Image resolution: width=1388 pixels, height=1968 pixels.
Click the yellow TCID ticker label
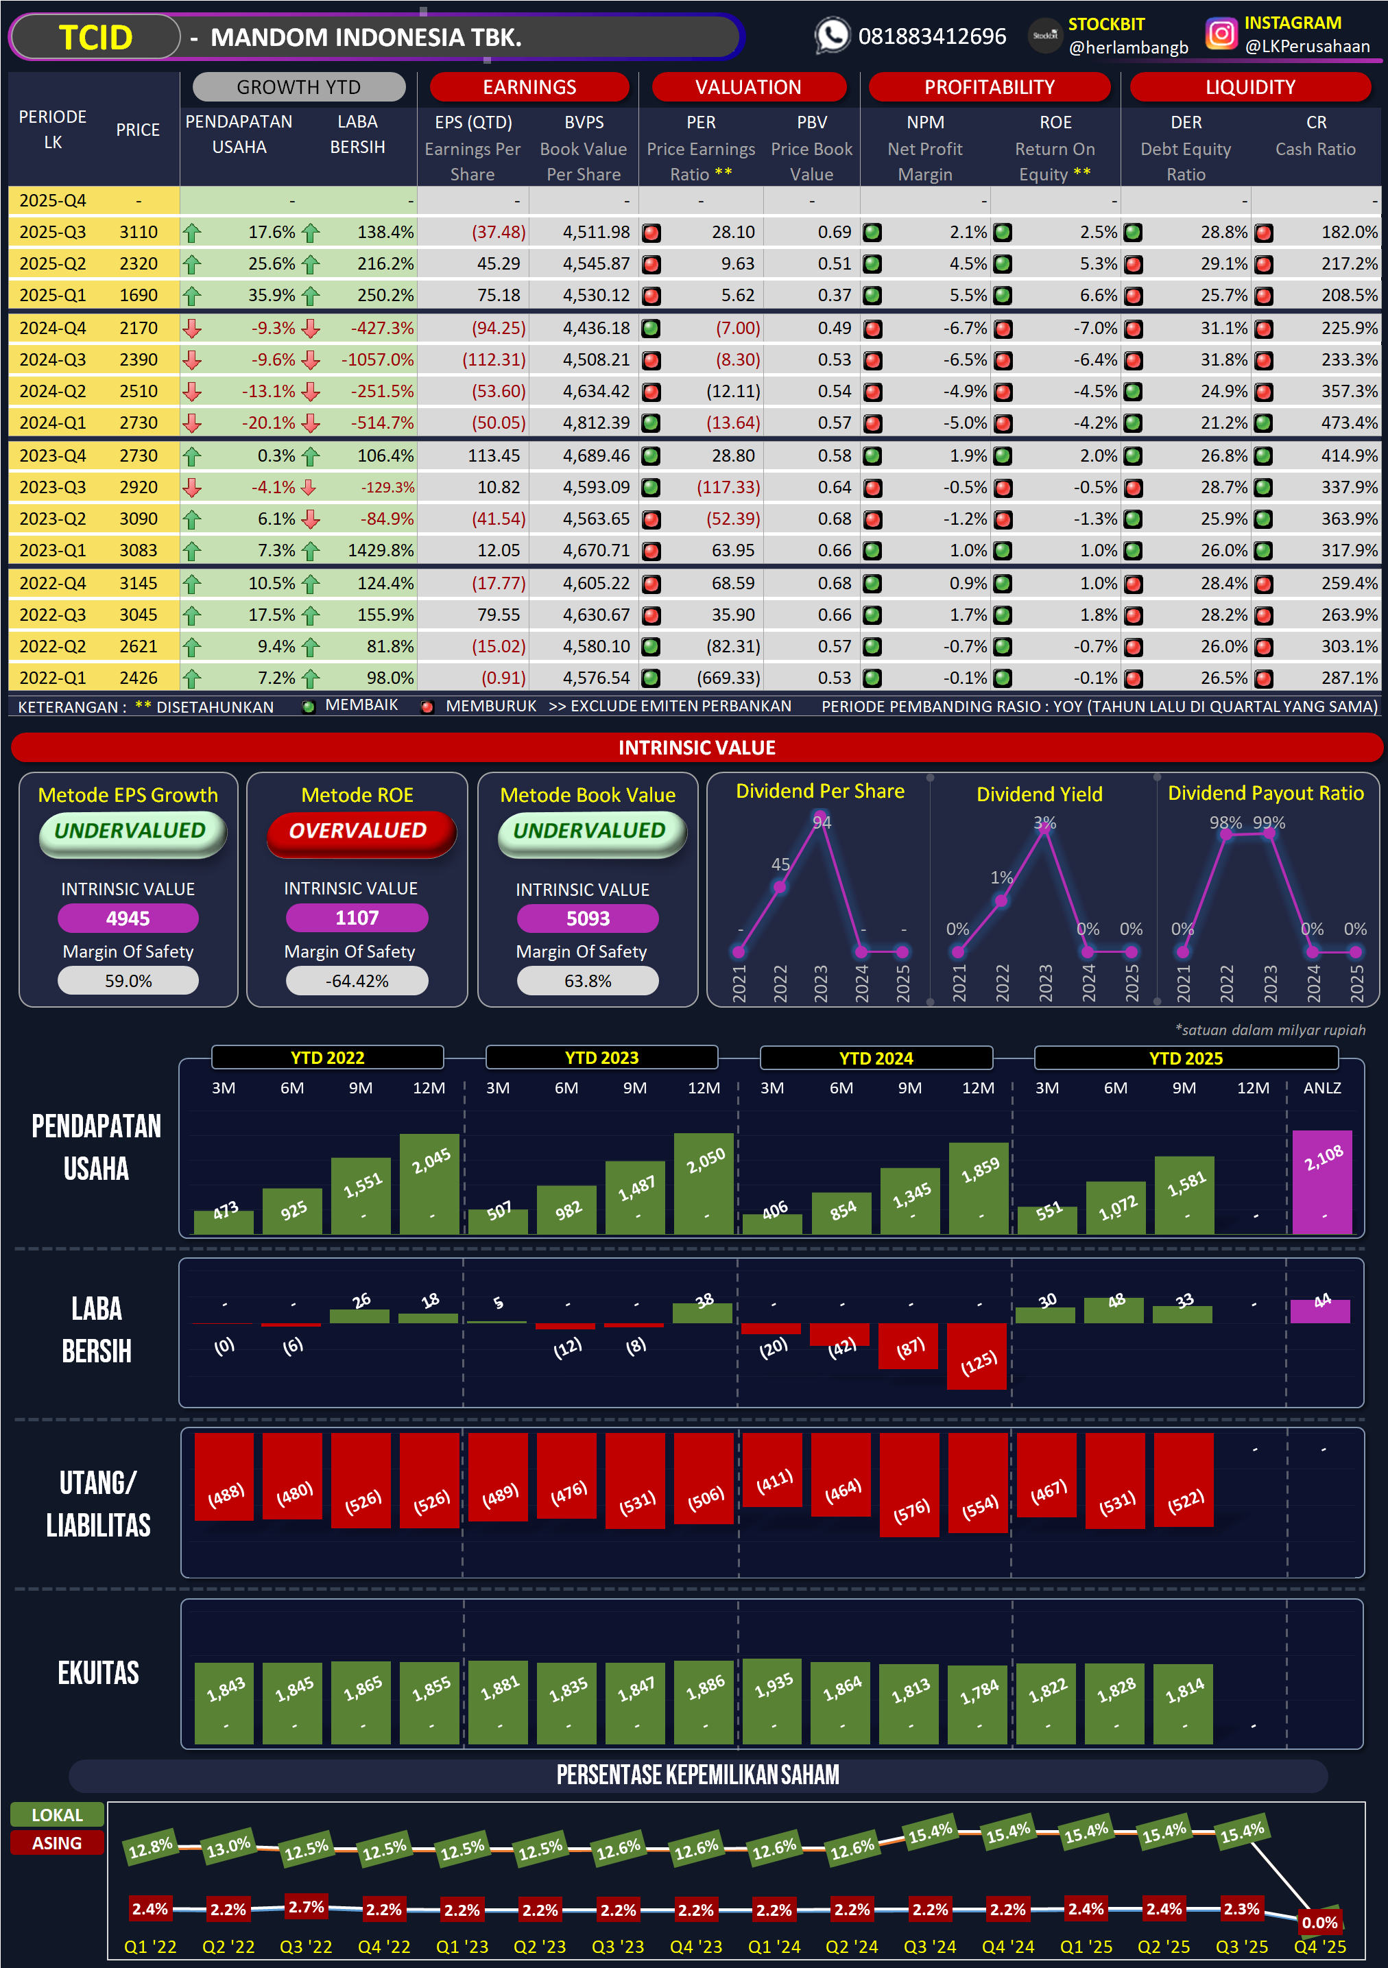coord(95,38)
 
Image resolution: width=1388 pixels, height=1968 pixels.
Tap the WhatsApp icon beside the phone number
coord(832,36)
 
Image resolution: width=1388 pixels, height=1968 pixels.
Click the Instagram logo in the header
coord(1221,34)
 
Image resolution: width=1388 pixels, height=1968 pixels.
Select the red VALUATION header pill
coord(748,87)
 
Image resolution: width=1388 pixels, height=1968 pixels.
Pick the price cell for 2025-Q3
coord(138,233)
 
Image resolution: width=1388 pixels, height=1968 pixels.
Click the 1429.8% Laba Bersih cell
coord(381,550)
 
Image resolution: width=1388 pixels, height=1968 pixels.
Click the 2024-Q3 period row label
coord(52,360)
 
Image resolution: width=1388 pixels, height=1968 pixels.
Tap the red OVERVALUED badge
coord(358,831)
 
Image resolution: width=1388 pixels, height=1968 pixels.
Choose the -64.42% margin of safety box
coord(357,982)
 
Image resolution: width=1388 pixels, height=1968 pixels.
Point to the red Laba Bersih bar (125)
coord(977,1356)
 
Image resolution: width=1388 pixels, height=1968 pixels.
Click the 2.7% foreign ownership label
coord(306,1906)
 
